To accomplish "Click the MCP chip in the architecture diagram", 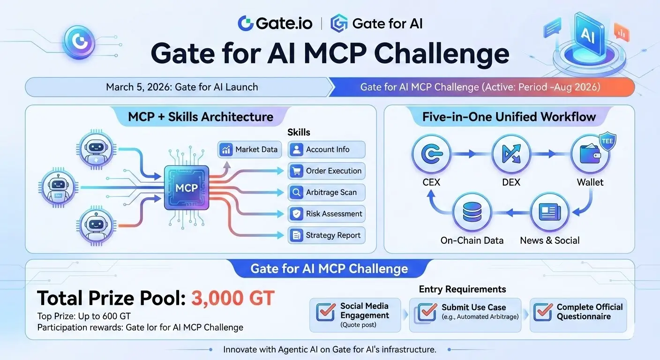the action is [187, 187].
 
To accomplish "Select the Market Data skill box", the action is [249, 150].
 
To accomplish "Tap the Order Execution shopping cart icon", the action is [296, 171].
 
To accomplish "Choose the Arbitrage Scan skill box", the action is [326, 192].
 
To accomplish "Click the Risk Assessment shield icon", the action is [296, 214].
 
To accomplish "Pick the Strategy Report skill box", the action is [326, 235].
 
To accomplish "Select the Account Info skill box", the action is [326, 150].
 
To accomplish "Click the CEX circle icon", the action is [431, 154].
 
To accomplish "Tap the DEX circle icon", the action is [511, 154].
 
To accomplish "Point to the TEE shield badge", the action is [607, 142].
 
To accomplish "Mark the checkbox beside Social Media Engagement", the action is [326, 312].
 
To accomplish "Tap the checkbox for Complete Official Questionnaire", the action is [543, 312].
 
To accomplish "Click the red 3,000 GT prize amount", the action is [233, 298].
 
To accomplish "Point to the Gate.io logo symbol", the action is [246, 23].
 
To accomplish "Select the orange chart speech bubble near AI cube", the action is [622, 33].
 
